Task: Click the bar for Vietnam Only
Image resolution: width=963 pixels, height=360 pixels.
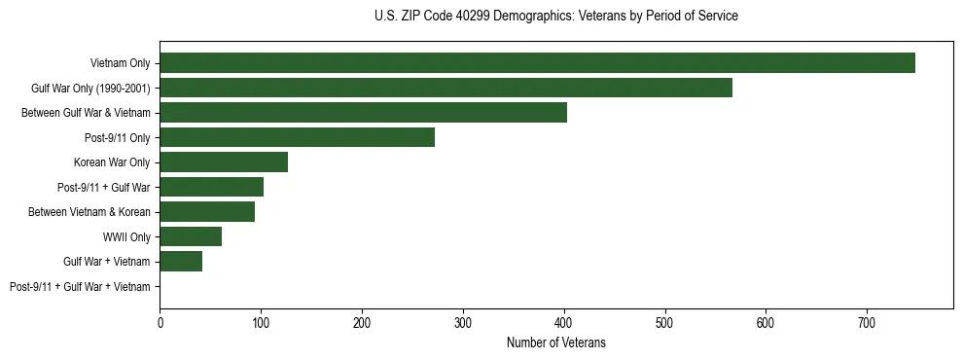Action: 537,63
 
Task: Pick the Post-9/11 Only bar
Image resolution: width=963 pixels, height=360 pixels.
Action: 297,137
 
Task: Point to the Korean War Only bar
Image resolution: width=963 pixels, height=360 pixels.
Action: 224,162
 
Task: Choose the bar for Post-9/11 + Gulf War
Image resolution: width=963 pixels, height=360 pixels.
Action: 211,187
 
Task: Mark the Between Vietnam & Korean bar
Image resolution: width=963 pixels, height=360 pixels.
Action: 207,212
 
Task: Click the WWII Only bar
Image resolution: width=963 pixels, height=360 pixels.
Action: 191,236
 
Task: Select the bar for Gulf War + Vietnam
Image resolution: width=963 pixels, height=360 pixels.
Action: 181,262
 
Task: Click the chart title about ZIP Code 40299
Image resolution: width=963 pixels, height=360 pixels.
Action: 555,17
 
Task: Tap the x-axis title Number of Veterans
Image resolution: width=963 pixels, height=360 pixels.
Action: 555,342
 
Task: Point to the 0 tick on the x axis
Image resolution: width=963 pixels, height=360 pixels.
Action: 160,322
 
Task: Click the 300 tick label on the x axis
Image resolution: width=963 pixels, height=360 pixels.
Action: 463,322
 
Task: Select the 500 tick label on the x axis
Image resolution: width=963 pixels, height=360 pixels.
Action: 664,322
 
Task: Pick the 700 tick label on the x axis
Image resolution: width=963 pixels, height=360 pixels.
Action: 867,322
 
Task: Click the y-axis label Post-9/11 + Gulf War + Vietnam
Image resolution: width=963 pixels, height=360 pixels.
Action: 80,287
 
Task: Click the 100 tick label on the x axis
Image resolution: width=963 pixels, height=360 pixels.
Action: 261,322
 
